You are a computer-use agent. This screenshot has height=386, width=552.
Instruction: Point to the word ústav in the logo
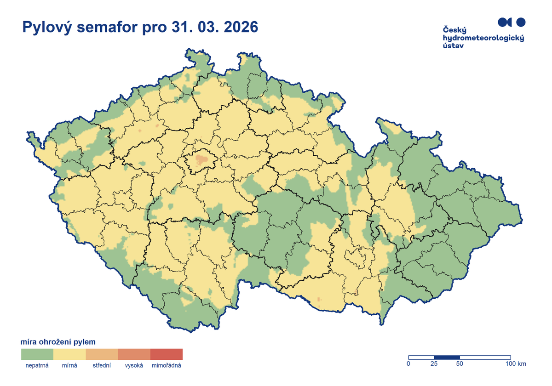pos(453,46)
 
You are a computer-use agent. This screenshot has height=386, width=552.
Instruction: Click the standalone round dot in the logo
pos(521,22)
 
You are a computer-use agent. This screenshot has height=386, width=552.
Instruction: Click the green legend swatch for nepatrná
pos(37,354)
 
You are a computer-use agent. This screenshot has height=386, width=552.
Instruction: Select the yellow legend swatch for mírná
pos(69,354)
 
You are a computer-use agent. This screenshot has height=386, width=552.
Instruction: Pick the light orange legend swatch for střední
pos(102,354)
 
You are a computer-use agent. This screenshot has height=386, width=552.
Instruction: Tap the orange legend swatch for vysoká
pos(134,354)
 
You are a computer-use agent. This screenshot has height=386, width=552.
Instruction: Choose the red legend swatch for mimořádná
pos(167,354)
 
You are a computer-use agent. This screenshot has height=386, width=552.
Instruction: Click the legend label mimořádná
pos(167,366)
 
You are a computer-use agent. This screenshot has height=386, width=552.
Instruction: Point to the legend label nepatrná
pos(37,366)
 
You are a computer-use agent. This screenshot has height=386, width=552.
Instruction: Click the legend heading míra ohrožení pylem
pos(58,342)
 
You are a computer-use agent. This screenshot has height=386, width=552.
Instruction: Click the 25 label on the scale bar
pos(434,364)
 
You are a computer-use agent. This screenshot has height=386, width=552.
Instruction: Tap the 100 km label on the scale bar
pos(515,364)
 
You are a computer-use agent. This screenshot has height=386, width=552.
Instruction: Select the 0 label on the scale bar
pos(408,364)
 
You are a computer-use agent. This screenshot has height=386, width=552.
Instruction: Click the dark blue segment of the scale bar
pos(447,357)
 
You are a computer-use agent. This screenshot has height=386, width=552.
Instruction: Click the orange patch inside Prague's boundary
pos(201,160)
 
